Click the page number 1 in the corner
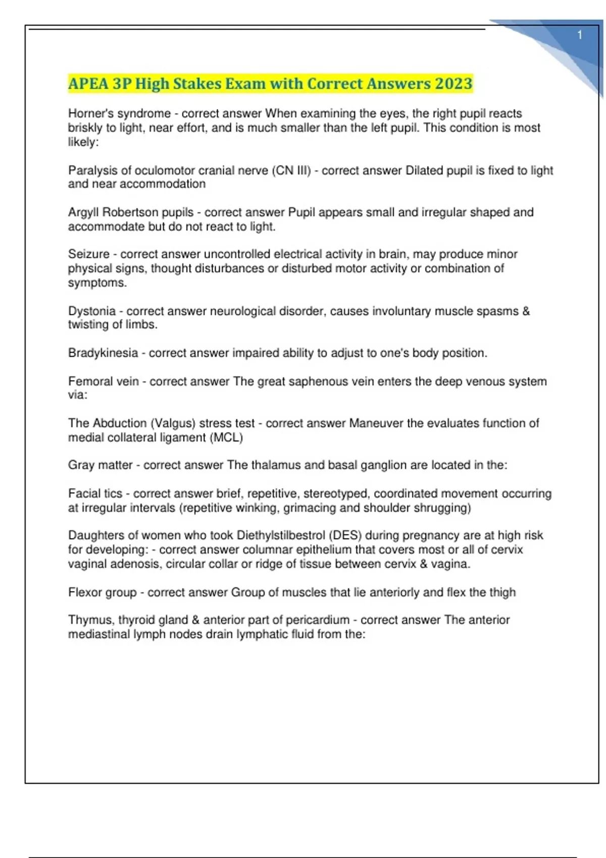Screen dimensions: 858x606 [580, 35]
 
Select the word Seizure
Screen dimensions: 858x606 [89, 254]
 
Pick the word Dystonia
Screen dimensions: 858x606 [92, 311]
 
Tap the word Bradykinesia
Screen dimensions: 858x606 [103, 353]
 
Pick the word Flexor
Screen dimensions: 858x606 [84, 592]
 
